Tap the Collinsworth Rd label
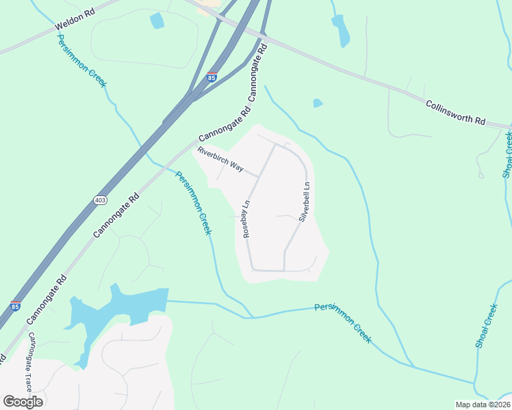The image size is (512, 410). [x=455, y=113]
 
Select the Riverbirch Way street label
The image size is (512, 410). [x=220, y=161]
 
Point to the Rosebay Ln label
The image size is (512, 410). [x=247, y=219]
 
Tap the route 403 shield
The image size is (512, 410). [x=101, y=200]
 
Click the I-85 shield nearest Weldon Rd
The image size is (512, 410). [x=212, y=77]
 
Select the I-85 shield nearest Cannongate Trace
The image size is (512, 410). [x=15, y=307]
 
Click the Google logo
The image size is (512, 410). [x=23, y=401]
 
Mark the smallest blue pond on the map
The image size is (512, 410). [x=317, y=103]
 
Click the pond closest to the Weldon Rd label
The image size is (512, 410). [x=157, y=20]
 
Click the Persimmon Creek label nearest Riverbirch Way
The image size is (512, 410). [x=194, y=203]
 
